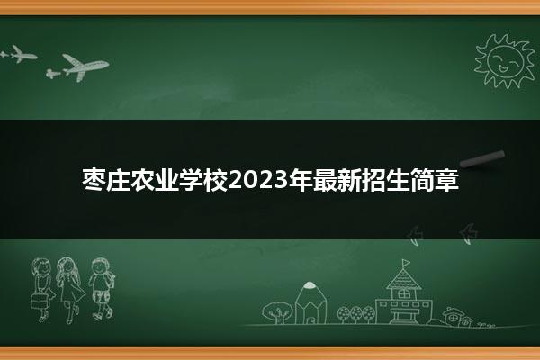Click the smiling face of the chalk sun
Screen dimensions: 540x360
505,61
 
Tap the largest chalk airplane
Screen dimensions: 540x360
85,67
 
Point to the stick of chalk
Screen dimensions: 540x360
482,159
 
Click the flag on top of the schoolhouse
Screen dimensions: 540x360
406,263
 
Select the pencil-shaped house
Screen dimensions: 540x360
310,302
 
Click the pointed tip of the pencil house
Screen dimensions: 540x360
310,284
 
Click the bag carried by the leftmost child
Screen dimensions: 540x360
39,301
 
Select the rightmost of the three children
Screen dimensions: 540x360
101,289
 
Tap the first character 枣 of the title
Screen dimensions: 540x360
94,180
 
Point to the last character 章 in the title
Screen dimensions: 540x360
447,180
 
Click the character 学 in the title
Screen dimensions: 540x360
191,180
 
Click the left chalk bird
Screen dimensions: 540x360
415,236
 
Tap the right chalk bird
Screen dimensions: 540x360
468,234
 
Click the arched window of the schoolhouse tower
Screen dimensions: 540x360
403,294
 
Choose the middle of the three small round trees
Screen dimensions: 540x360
355,313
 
